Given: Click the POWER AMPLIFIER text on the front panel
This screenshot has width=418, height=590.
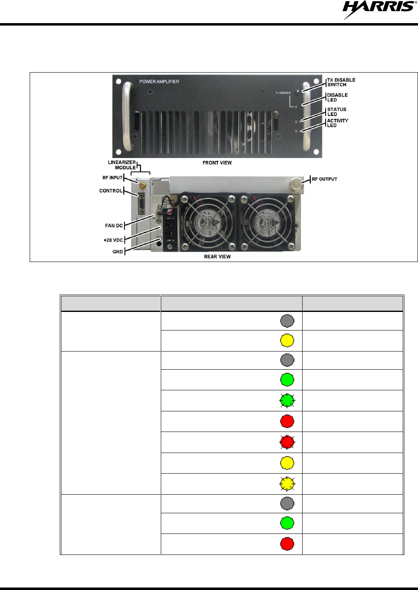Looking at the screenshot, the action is tap(159, 82).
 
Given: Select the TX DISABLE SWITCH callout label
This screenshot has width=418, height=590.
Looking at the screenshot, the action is tap(341, 82).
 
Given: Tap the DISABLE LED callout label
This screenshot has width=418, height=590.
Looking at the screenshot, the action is tap(337, 97).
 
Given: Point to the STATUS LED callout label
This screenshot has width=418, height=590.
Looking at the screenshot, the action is tap(336, 112).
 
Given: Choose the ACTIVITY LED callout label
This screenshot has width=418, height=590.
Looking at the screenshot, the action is tap(337, 123).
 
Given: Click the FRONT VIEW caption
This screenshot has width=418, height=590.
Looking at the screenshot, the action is tap(217, 163).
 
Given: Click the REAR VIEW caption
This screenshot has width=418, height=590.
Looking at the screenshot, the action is tap(217, 257).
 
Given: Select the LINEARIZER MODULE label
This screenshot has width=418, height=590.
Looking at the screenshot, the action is tap(122, 165).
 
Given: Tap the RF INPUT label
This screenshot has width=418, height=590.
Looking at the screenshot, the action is tap(113, 178).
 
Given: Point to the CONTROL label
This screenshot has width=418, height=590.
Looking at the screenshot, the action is tap(111, 191).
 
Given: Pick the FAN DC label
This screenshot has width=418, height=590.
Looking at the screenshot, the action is tap(114, 226).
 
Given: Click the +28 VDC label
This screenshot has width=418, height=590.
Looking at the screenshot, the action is tap(113, 240).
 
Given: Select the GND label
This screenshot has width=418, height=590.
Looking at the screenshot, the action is tap(117, 252).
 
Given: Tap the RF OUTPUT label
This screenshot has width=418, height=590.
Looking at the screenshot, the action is tap(324, 179).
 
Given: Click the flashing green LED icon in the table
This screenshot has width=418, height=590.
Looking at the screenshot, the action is tap(287, 401).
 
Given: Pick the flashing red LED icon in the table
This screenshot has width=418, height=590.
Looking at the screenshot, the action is tap(287, 442).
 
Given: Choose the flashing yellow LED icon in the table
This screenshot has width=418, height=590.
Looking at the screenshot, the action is tap(287, 484).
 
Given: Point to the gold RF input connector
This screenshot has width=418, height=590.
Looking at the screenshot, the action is tap(142, 185).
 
